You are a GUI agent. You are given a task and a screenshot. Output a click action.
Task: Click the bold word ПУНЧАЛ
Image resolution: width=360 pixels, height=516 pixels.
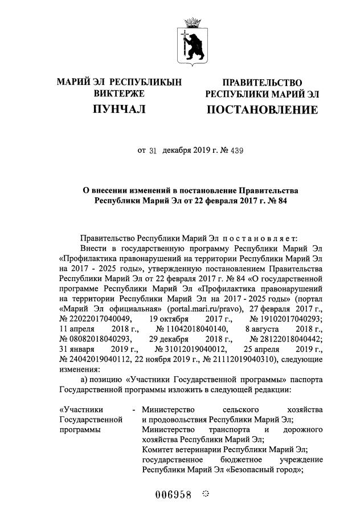(x=119, y=109)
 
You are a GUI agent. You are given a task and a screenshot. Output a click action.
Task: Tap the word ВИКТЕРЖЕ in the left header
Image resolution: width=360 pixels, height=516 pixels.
(x=119, y=93)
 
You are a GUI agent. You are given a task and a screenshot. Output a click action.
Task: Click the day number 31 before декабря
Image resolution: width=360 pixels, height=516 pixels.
(x=152, y=151)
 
